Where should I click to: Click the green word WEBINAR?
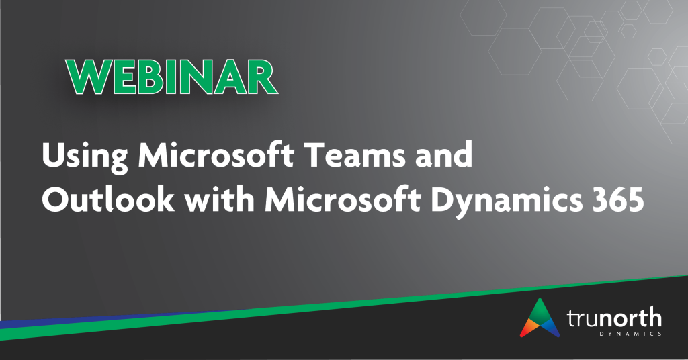click(172, 77)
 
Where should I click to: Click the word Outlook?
click(108, 199)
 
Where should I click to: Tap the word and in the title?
click(443, 154)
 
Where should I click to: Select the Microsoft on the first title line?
click(216, 154)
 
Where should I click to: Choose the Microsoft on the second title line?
click(343, 199)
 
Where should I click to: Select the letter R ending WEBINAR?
click(262, 77)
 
